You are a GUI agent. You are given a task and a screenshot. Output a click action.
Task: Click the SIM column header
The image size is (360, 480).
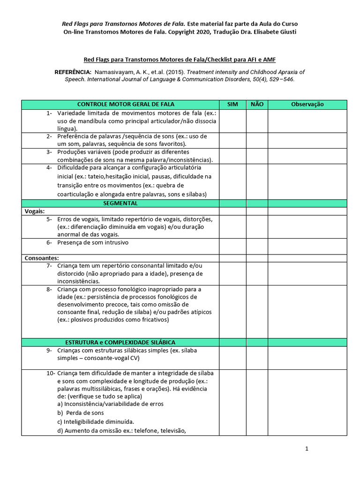(x=232, y=105)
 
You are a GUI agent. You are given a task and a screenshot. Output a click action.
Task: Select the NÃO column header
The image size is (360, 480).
(x=257, y=105)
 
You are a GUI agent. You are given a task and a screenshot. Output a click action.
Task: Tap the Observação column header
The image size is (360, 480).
(x=307, y=105)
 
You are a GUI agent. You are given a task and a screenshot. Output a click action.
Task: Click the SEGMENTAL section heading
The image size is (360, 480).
(x=120, y=203)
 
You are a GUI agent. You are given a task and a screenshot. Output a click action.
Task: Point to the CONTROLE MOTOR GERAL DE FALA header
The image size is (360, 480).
(x=120, y=105)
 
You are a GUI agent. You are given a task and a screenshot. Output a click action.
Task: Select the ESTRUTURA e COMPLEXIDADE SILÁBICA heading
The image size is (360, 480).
(x=120, y=343)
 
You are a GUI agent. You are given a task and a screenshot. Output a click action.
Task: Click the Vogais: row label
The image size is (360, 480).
(x=35, y=211)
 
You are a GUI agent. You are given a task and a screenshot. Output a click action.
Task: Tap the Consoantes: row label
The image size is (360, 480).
(x=42, y=258)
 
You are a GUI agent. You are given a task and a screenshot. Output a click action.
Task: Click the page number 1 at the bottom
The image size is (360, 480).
(x=307, y=449)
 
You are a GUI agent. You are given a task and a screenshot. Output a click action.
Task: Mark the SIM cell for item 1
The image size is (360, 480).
(x=232, y=121)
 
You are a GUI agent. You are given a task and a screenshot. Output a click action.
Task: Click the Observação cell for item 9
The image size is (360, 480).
(x=307, y=358)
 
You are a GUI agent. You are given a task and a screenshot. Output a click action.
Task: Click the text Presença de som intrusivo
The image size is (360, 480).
(x=93, y=242)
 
